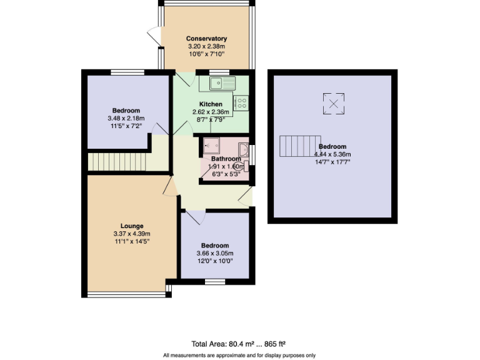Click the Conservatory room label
pyautogui.click(x=206, y=39)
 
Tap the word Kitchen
pyautogui.click(x=210, y=104)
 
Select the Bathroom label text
pyautogui.click(x=217, y=159)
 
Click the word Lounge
pyautogui.click(x=132, y=226)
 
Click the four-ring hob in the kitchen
pyautogui.click(x=241, y=102)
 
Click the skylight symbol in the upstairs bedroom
pyautogui.click(x=334, y=103)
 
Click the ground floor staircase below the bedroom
pyautogui.click(x=117, y=162)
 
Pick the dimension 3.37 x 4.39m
pyautogui.click(x=132, y=234)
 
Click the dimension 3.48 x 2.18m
pyautogui.click(x=126, y=118)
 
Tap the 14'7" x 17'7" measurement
pyautogui.click(x=332, y=162)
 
